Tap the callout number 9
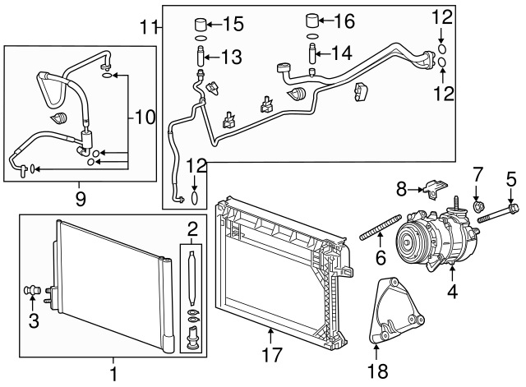click(x=80, y=197)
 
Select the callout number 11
click(x=146, y=27)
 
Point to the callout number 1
click(x=113, y=375)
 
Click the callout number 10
click(x=144, y=117)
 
